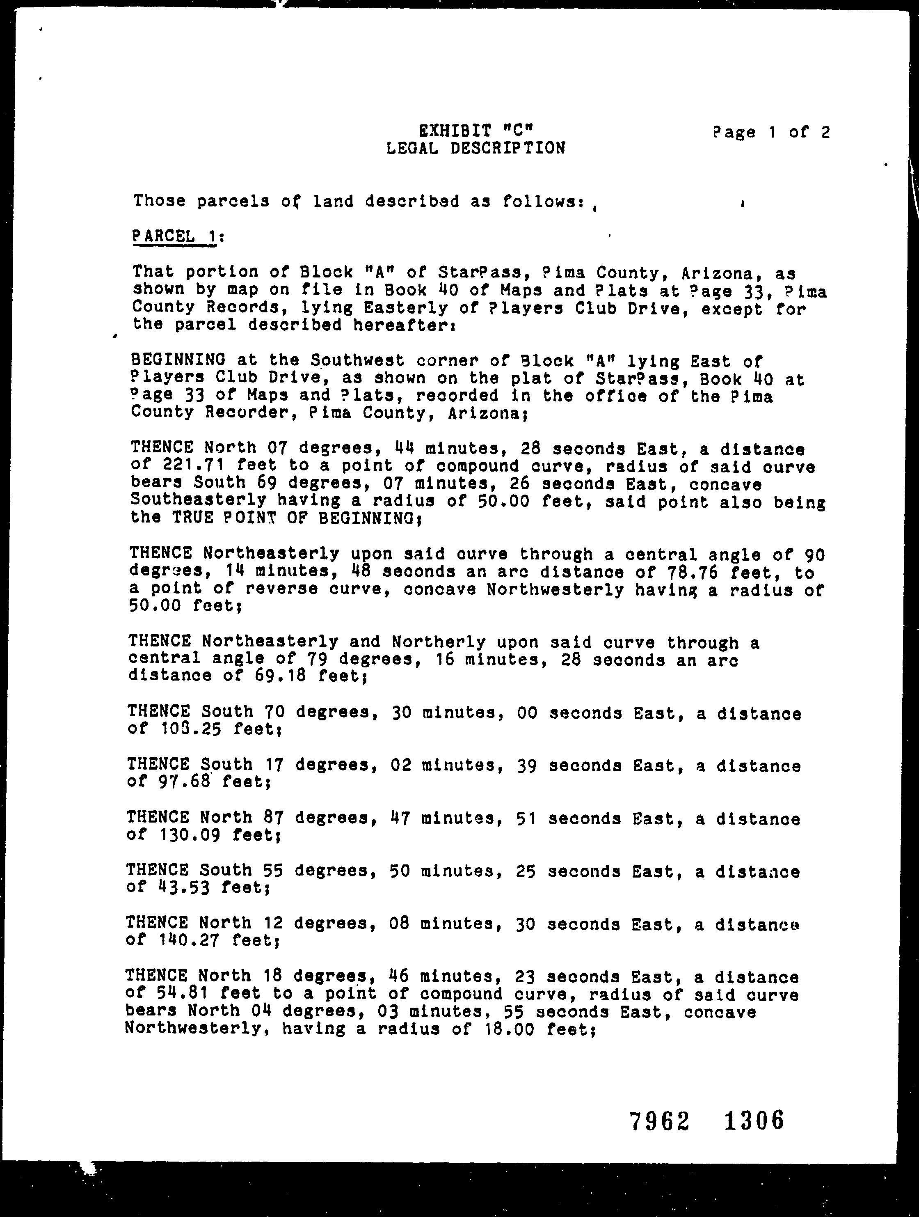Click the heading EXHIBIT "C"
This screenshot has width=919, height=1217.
[x=476, y=131]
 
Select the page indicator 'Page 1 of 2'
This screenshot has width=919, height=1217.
[x=771, y=133]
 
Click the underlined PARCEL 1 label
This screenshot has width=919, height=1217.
[x=177, y=236]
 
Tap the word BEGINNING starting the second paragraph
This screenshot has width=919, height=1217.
[x=178, y=360]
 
